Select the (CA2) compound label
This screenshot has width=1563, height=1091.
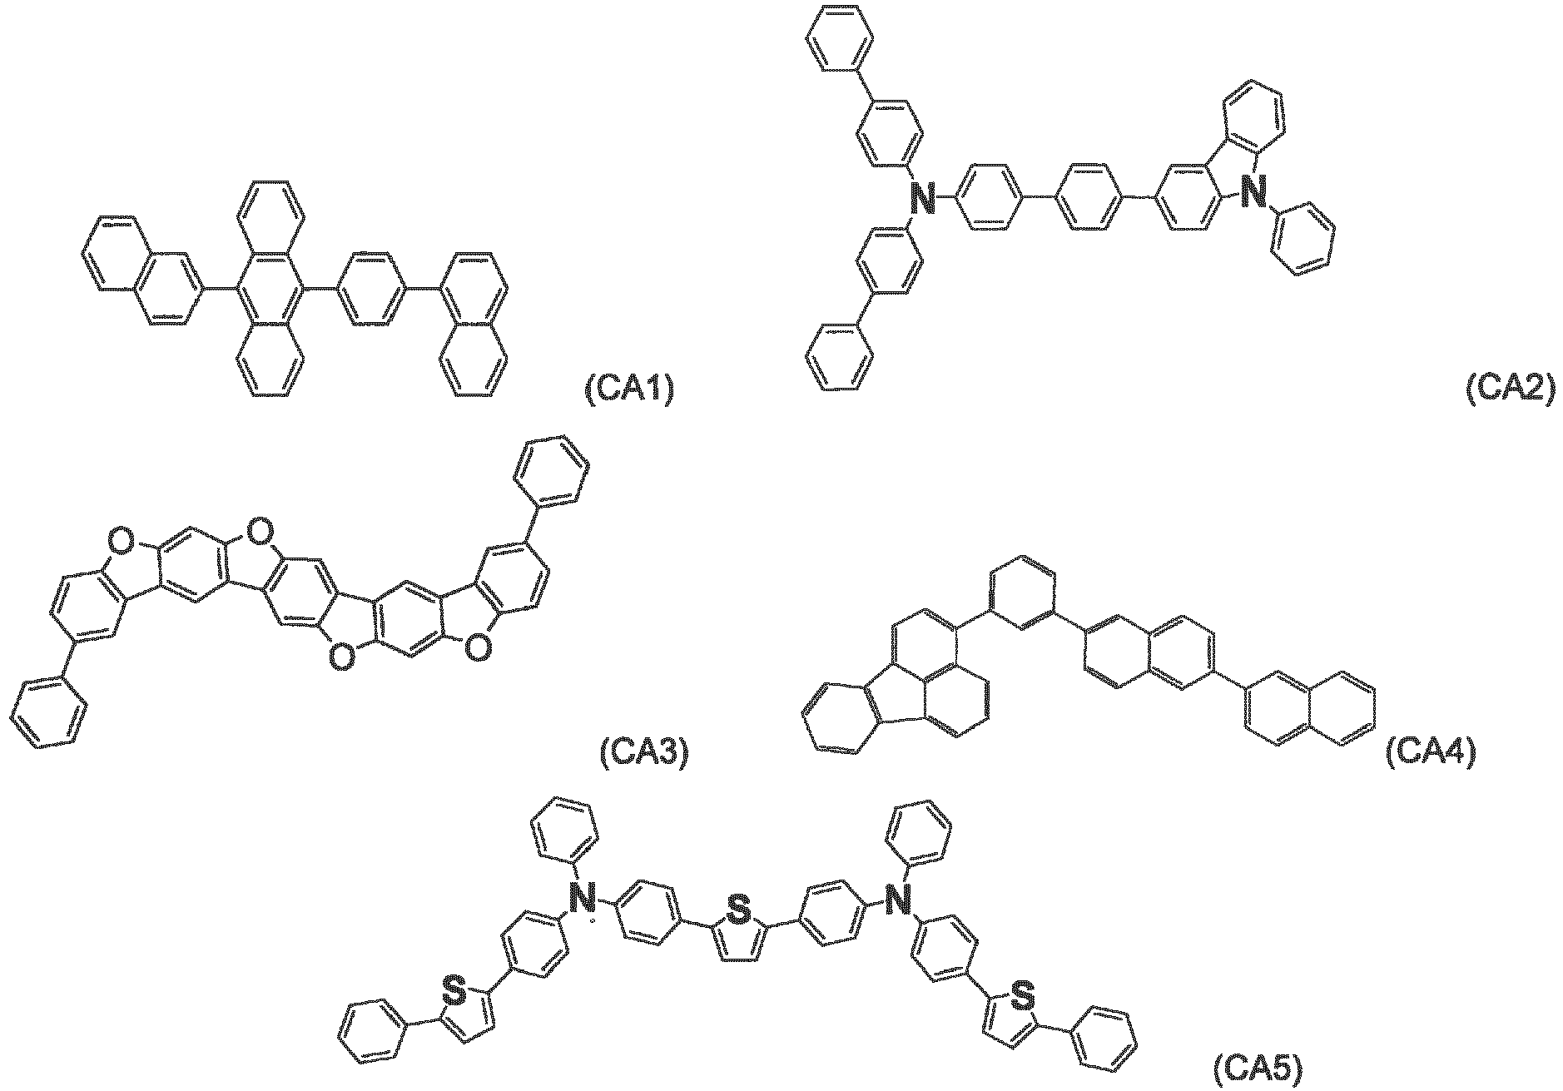1509,389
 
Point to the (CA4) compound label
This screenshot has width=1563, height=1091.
1430,752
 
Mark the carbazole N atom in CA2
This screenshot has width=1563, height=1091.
1252,191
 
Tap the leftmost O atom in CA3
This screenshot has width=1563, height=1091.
123,544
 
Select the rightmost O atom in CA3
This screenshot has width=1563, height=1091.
475,648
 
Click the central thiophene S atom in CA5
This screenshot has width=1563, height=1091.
737,911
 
